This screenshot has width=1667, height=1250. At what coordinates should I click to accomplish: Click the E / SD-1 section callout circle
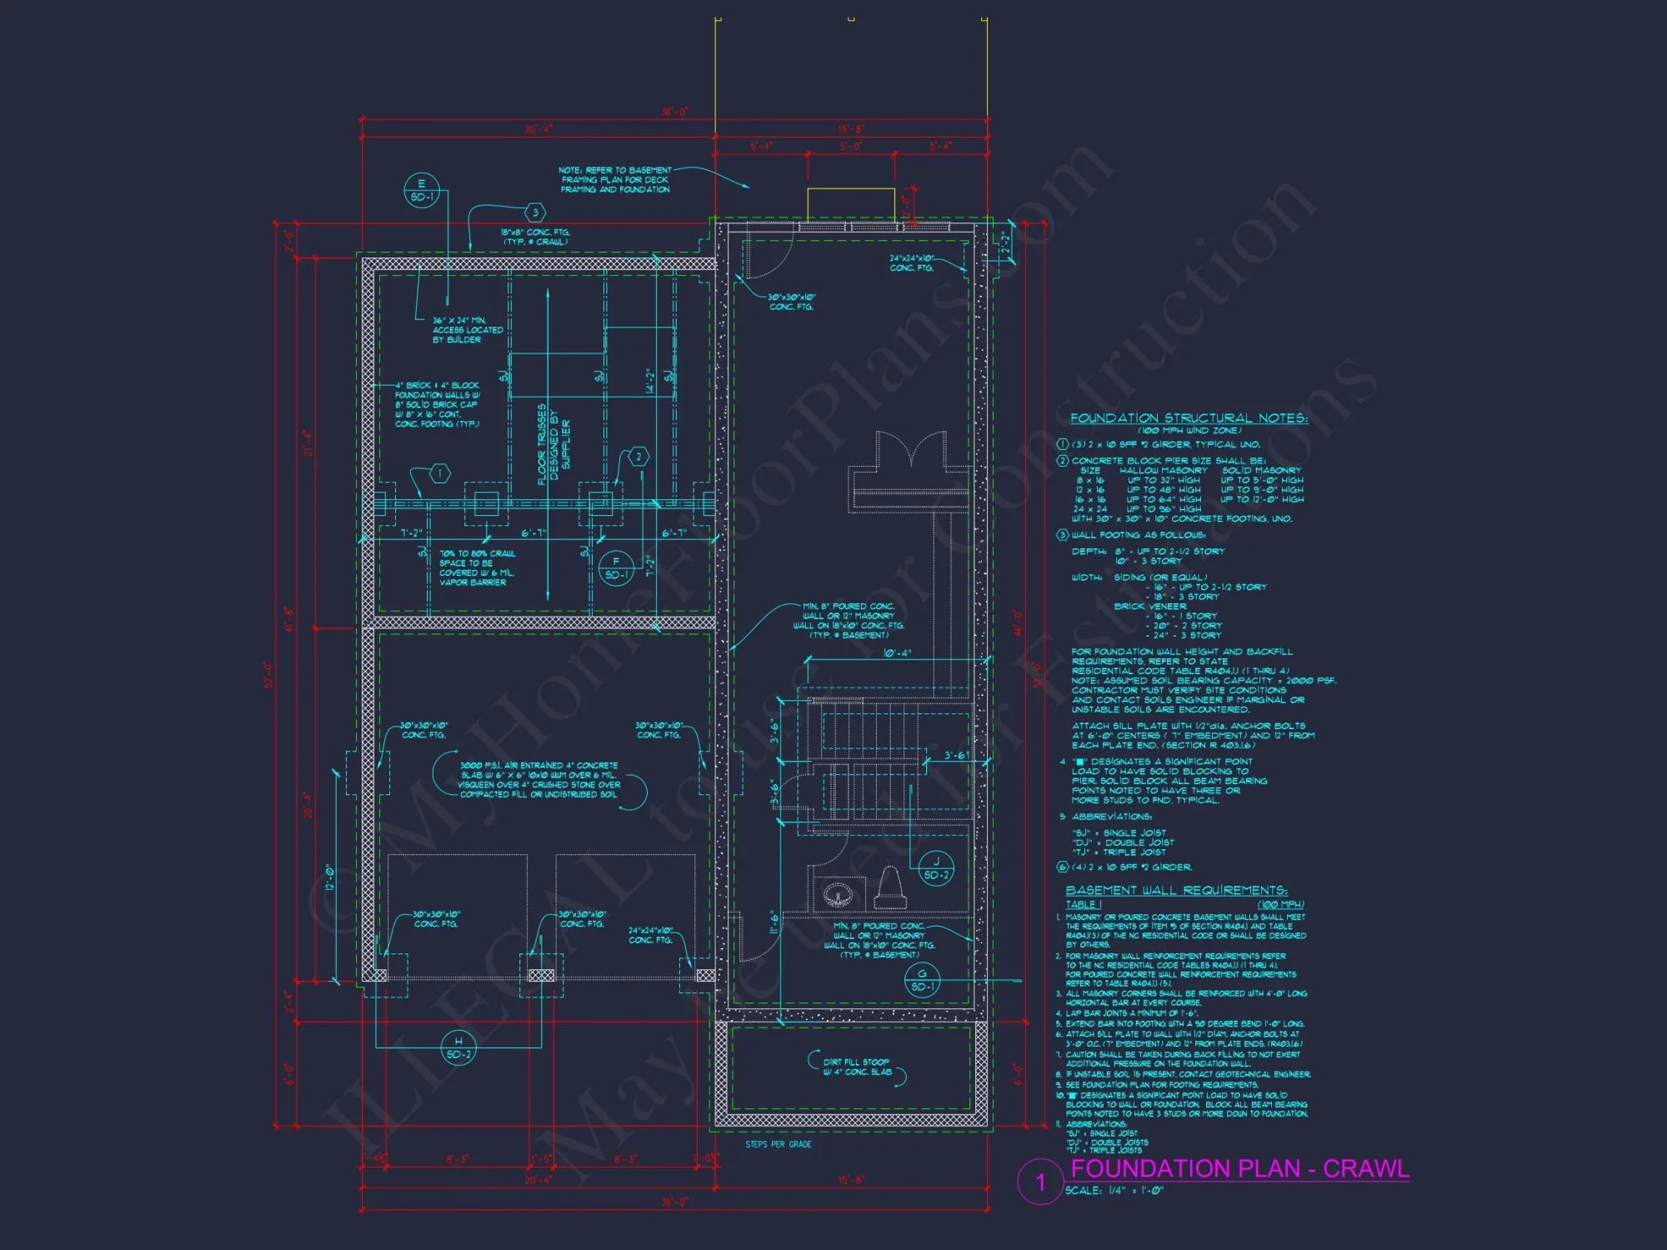(421, 190)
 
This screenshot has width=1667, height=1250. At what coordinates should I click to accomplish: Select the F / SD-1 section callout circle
(616, 568)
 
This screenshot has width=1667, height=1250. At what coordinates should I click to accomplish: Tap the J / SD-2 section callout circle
(936, 868)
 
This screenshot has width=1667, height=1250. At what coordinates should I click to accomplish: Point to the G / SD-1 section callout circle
(922, 980)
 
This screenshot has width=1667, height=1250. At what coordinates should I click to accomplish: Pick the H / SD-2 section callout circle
(458, 1047)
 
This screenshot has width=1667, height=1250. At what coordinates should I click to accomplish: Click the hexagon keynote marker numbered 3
(535, 212)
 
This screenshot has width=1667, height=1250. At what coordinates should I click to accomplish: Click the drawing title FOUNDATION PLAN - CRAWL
(1239, 1168)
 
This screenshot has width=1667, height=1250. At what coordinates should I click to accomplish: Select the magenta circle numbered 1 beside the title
(1039, 1181)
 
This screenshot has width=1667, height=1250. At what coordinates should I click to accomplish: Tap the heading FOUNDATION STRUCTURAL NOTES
(1189, 417)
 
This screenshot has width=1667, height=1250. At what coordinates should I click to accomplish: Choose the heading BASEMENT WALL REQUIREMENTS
(1176, 890)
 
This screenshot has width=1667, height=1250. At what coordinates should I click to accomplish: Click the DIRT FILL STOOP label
(857, 1067)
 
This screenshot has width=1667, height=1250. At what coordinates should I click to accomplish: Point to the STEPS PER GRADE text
(778, 1144)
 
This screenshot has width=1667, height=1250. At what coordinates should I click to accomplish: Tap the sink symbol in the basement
(838, 895)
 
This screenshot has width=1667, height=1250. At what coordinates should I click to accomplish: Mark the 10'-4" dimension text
(897, 653)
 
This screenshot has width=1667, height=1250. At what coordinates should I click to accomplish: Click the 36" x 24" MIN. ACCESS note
(468, 330)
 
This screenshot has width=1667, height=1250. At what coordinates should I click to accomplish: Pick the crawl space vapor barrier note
(477, 567)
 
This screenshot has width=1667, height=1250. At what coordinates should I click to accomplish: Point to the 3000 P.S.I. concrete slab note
(539, 779)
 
